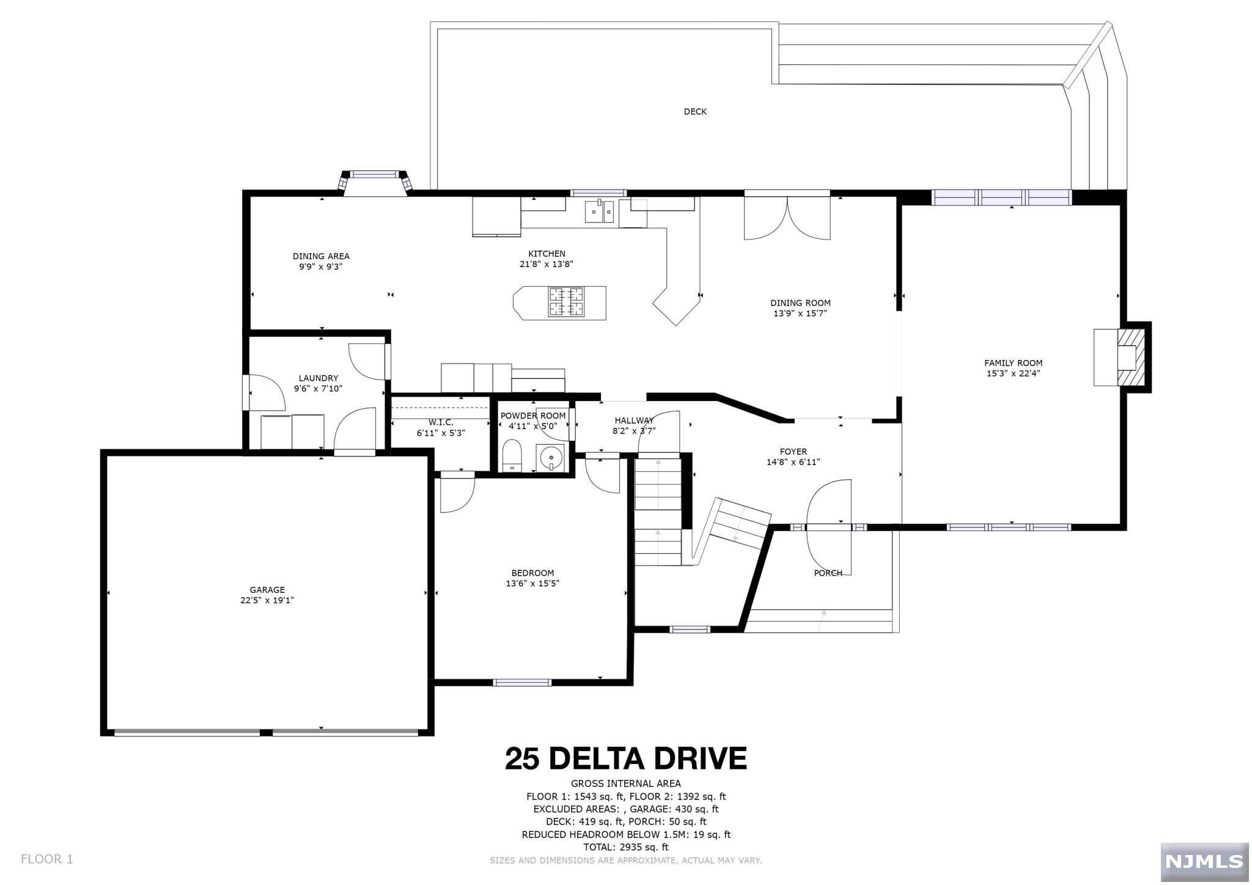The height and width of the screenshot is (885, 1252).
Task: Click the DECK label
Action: tap(695, 112)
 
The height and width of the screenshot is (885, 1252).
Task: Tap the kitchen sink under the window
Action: tap(600, 211)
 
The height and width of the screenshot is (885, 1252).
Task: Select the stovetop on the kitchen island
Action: tap(565, 302)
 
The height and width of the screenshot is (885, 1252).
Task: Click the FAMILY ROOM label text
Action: tap(1013, 363)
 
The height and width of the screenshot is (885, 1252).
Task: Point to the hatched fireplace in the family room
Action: tap(1130, 358)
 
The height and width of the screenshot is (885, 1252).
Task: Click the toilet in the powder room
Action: tap(511, 455)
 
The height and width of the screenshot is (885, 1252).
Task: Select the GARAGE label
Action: tap(267, 590)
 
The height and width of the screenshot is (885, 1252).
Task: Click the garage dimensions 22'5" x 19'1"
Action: tap(267, 600)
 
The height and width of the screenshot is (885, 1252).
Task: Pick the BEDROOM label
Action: tap(532, 573)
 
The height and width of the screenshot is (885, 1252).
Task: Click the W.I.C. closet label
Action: tap(441, 422)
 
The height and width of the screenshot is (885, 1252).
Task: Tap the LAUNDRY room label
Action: tap(318, 378)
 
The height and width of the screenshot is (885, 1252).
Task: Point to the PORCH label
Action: tap(828, 573)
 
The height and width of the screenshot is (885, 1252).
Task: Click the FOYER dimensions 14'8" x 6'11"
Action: tap(793, 462)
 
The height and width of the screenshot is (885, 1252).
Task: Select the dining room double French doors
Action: tap(787, 217)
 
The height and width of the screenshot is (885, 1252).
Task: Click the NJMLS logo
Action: tap(1204, 862)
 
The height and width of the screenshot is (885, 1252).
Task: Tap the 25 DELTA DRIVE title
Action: tap(625, 758)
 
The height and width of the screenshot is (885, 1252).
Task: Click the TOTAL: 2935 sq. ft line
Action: tap(626, 847)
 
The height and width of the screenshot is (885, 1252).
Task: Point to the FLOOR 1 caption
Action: tap(47, 859)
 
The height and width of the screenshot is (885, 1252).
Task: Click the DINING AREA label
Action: tap(321, 257)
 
